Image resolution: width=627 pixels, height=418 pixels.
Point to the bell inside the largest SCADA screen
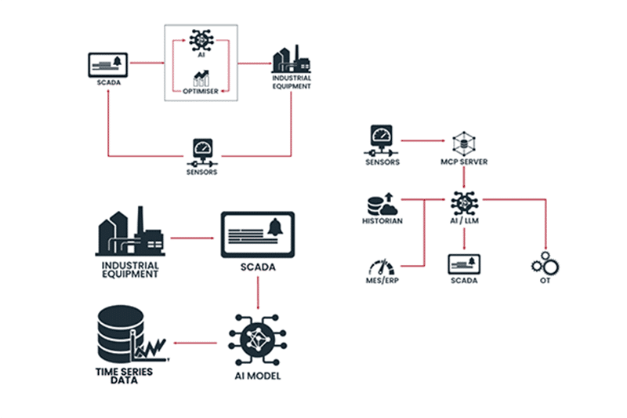274,230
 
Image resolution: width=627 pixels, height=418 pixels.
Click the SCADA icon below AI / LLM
464,263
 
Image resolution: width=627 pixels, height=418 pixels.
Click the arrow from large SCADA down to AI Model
258,292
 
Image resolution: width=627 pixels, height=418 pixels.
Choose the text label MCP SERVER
465,162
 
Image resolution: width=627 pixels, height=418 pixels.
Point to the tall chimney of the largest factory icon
140,223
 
